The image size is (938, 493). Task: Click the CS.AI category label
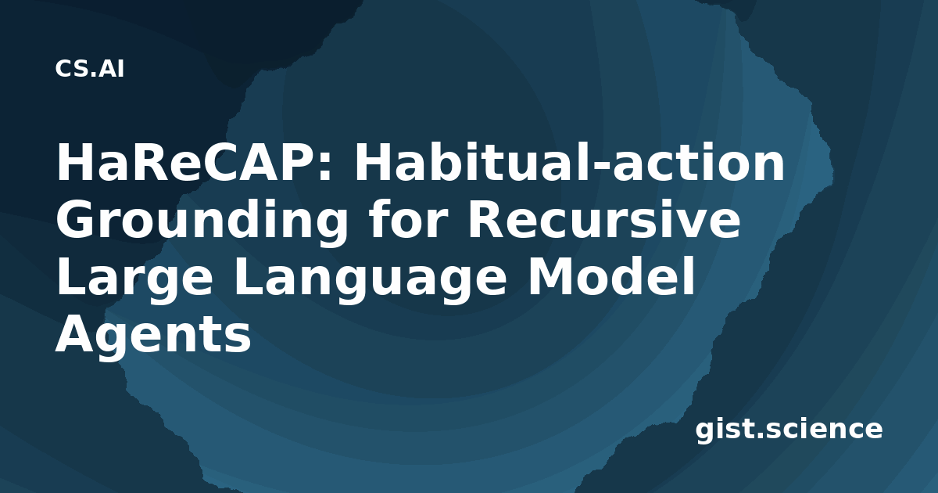(x=90, y=69)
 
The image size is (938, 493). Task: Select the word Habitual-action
(x=570, y=162)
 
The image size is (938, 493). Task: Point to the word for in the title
(x=406, y=219)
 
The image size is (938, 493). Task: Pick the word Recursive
(x=603, y=220)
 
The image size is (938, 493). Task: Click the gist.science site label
(x=789, y=430)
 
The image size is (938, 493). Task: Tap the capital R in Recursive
(x=486, y=220)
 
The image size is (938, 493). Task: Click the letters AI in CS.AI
(x=111, y=69)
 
